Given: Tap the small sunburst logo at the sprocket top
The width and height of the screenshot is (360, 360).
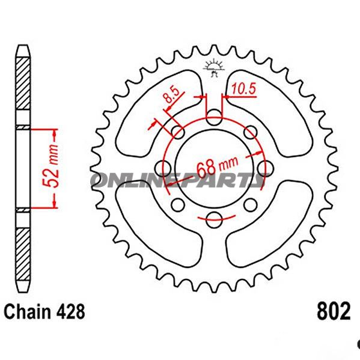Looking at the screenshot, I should pyautogui.click(x=213, y=67).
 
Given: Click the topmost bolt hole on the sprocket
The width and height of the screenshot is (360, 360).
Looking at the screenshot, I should pyautogui.click(x=213, y=117).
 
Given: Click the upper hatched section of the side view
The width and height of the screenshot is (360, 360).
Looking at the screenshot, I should pyautogui.click(x=22, y=90).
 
